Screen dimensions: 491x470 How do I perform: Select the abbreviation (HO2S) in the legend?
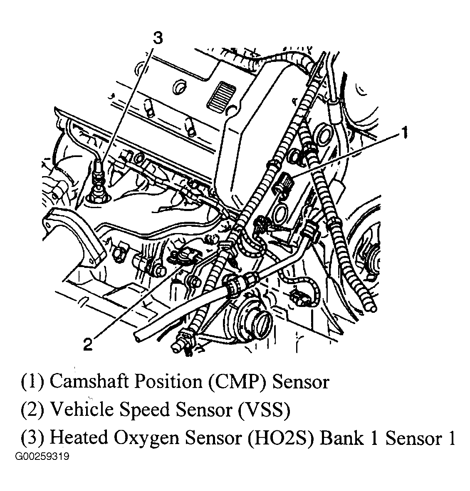(281, 438)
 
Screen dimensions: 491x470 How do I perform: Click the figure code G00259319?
(42, 457)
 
